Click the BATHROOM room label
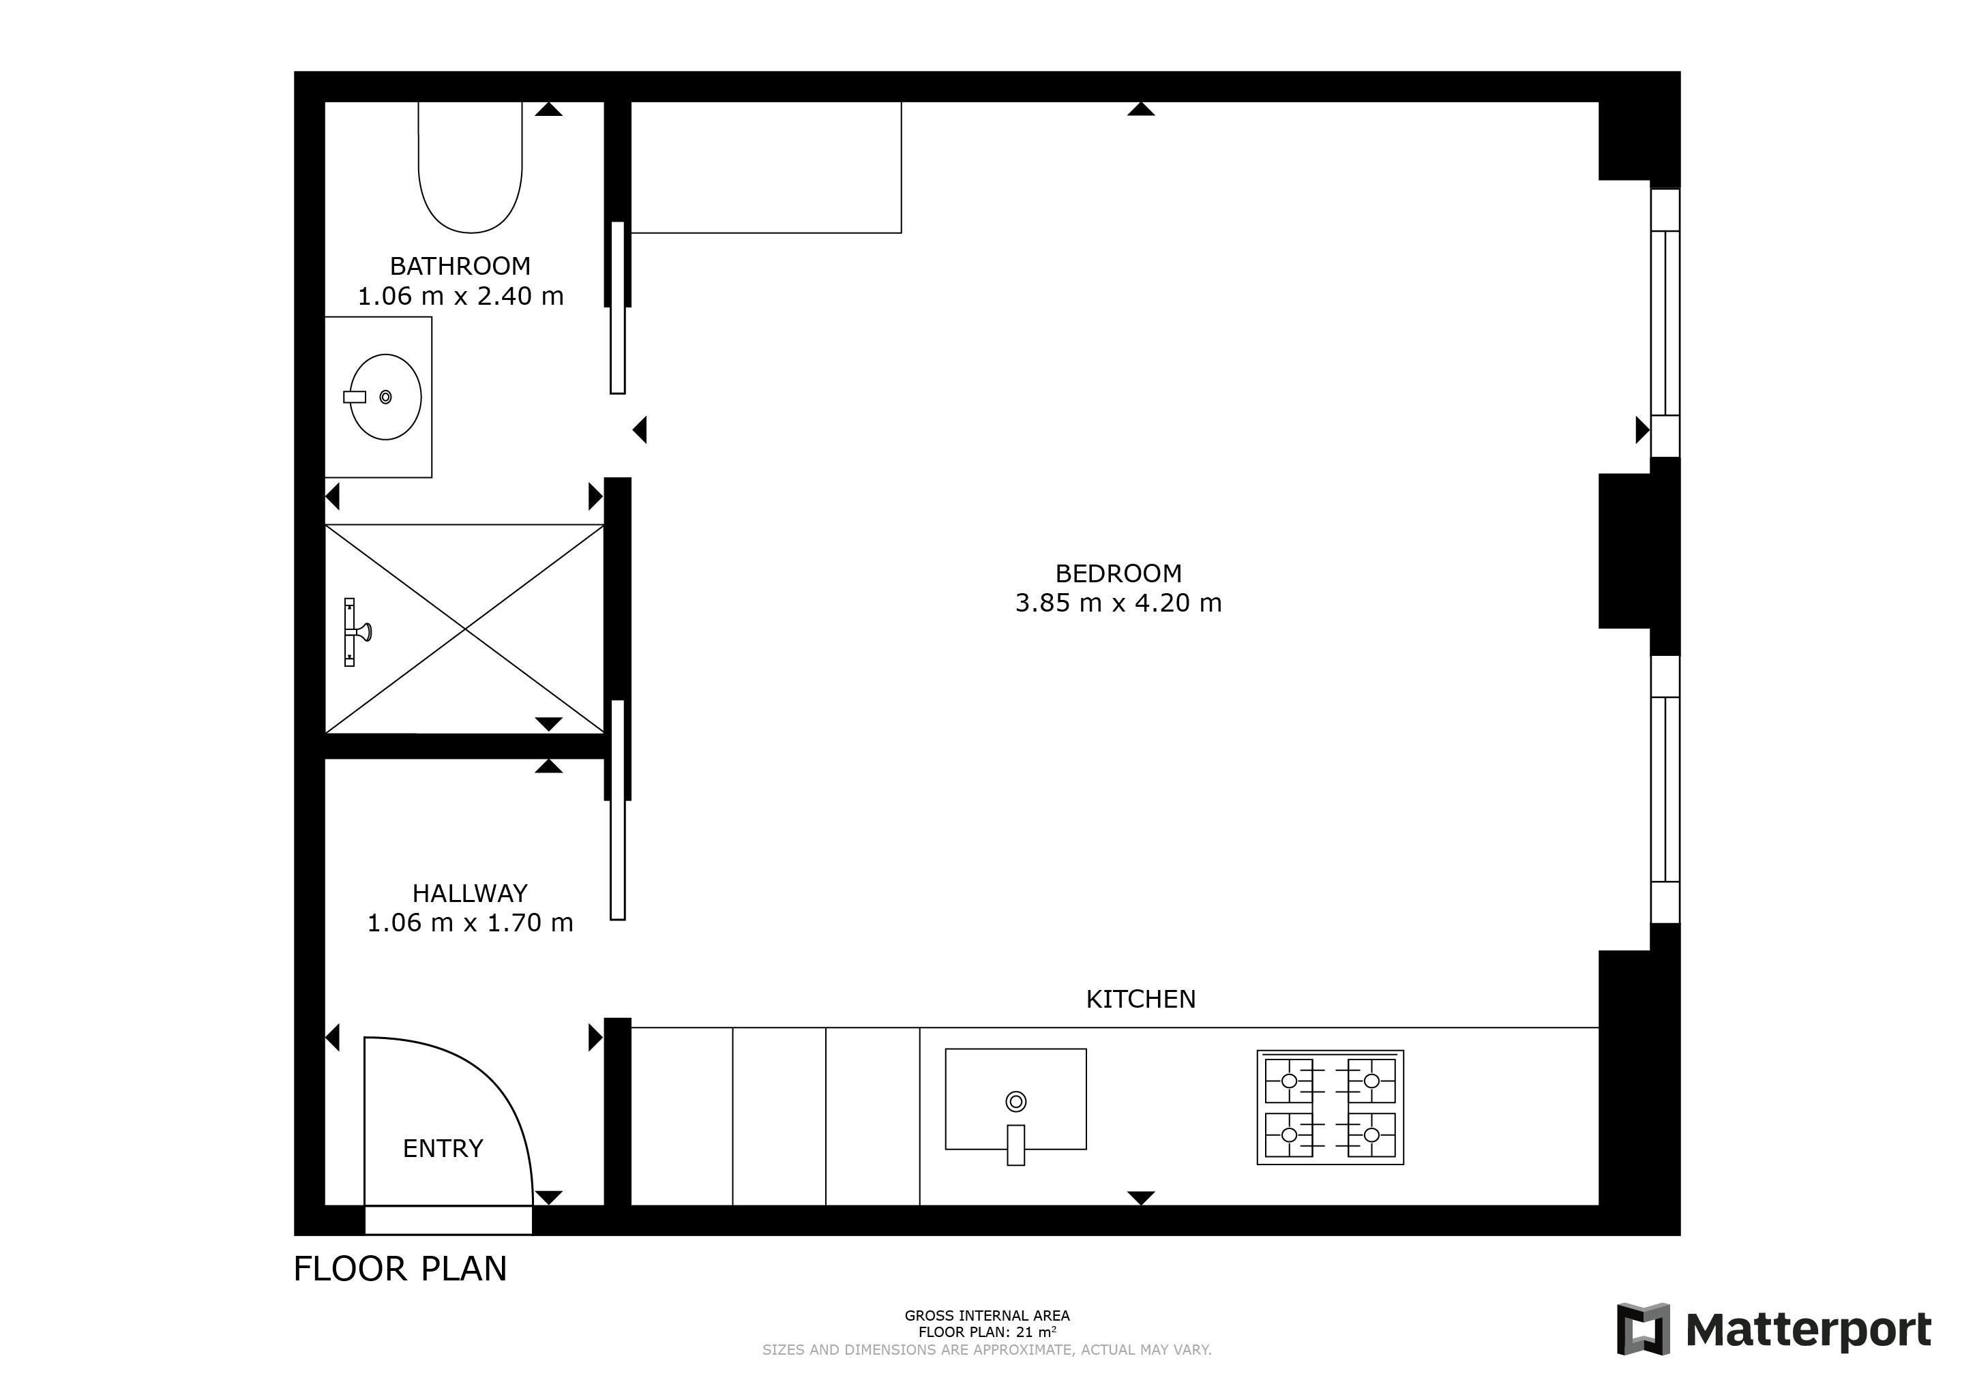[x=460, y=266]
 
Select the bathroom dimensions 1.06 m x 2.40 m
[x=460, y=296]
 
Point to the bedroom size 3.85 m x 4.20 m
[x=1118, y=603]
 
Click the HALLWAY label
[x=470, y=893]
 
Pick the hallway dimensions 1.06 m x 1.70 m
[x=470, y=923]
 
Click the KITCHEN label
[x=1141, y=999]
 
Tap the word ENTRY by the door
[x=443, y=1148]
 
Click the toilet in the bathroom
[x=471, y=167]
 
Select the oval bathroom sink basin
[x=385, y=397]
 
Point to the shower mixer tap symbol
[x=355, y=632]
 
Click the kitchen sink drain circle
[x=1016, y=1101]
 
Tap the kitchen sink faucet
[x=1016, y=1145]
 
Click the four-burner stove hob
[x=1330, y=1107]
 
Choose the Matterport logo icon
[x=1643, y=1329]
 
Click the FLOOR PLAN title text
[x=400, y=1269]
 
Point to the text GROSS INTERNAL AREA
[x=987, y=1315]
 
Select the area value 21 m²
[x=1037, y=1332]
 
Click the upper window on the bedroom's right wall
[x=1665, y=322]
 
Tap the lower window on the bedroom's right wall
[x=1665, y=789]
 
